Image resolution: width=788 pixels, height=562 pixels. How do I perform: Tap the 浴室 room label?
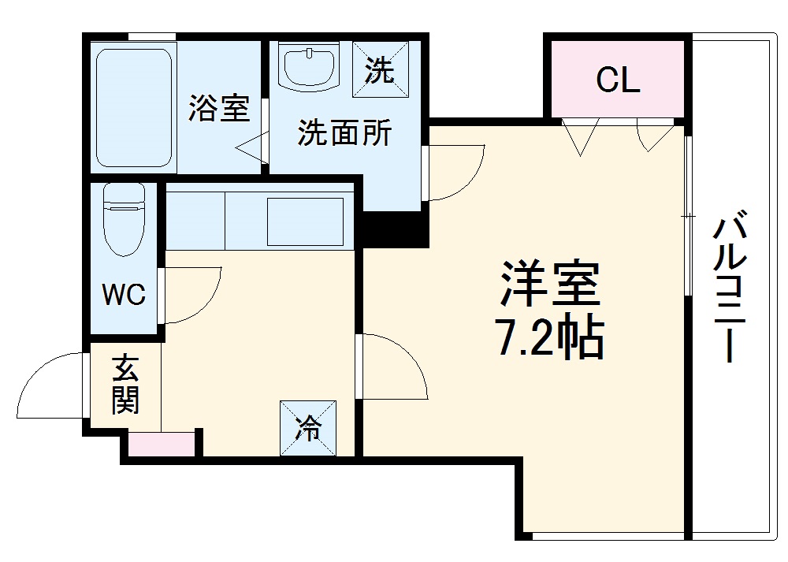[x=218, y=109]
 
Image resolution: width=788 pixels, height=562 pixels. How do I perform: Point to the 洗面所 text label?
[x=344, y=134]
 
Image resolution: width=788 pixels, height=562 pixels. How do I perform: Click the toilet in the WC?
[x=124, y=218]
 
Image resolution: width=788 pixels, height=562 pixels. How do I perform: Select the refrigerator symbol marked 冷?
[x=308, y=428]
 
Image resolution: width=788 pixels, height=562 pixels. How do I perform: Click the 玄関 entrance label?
[x=125, y=385]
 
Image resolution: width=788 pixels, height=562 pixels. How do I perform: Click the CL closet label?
[x=618, y=80]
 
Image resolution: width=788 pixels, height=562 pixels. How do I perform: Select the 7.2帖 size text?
[x=549, y=339]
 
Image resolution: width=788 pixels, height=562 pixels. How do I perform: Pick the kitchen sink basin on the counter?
[x=306, y=221]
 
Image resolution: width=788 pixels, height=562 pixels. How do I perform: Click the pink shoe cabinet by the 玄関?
[x=162, y=444]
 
